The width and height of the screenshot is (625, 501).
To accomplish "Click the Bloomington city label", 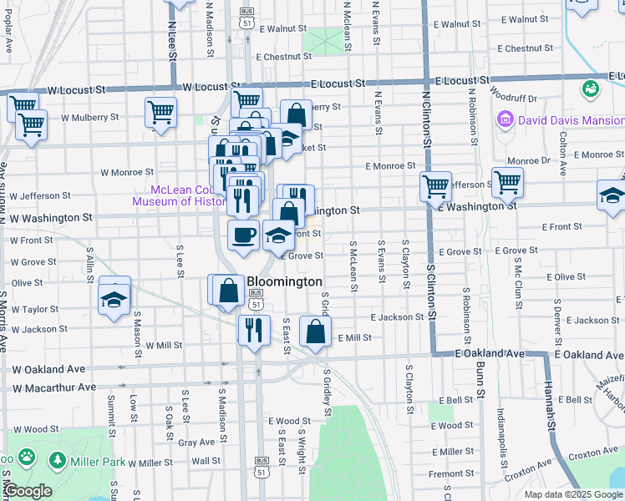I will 284,282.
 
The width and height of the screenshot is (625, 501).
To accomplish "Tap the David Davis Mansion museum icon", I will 505,120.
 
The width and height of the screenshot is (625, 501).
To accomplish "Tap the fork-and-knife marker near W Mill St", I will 253,329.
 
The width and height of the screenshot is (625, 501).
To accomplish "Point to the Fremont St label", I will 452,473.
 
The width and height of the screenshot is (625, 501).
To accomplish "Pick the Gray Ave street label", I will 196,443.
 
